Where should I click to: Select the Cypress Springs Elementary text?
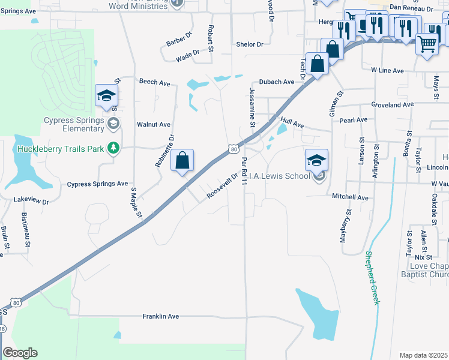click(x=73, y=124)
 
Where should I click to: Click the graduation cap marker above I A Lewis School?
click(x=316, y=160)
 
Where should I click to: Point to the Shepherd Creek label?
click(x=373, y=277)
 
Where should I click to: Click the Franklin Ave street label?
click(x=161, y=316)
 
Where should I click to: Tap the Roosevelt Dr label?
click(x=223, y=187)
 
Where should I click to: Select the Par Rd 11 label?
click(x=244, y=170)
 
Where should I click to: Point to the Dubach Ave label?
click(x=277, y=82)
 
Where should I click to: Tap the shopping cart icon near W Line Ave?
click(x=426, y=43)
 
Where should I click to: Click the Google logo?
click(x=20, y=353)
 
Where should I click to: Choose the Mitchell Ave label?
click(x=350, y=197)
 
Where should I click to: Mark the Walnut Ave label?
click(x=154, y=125)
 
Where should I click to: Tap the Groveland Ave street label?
click(x=393, y=104)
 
